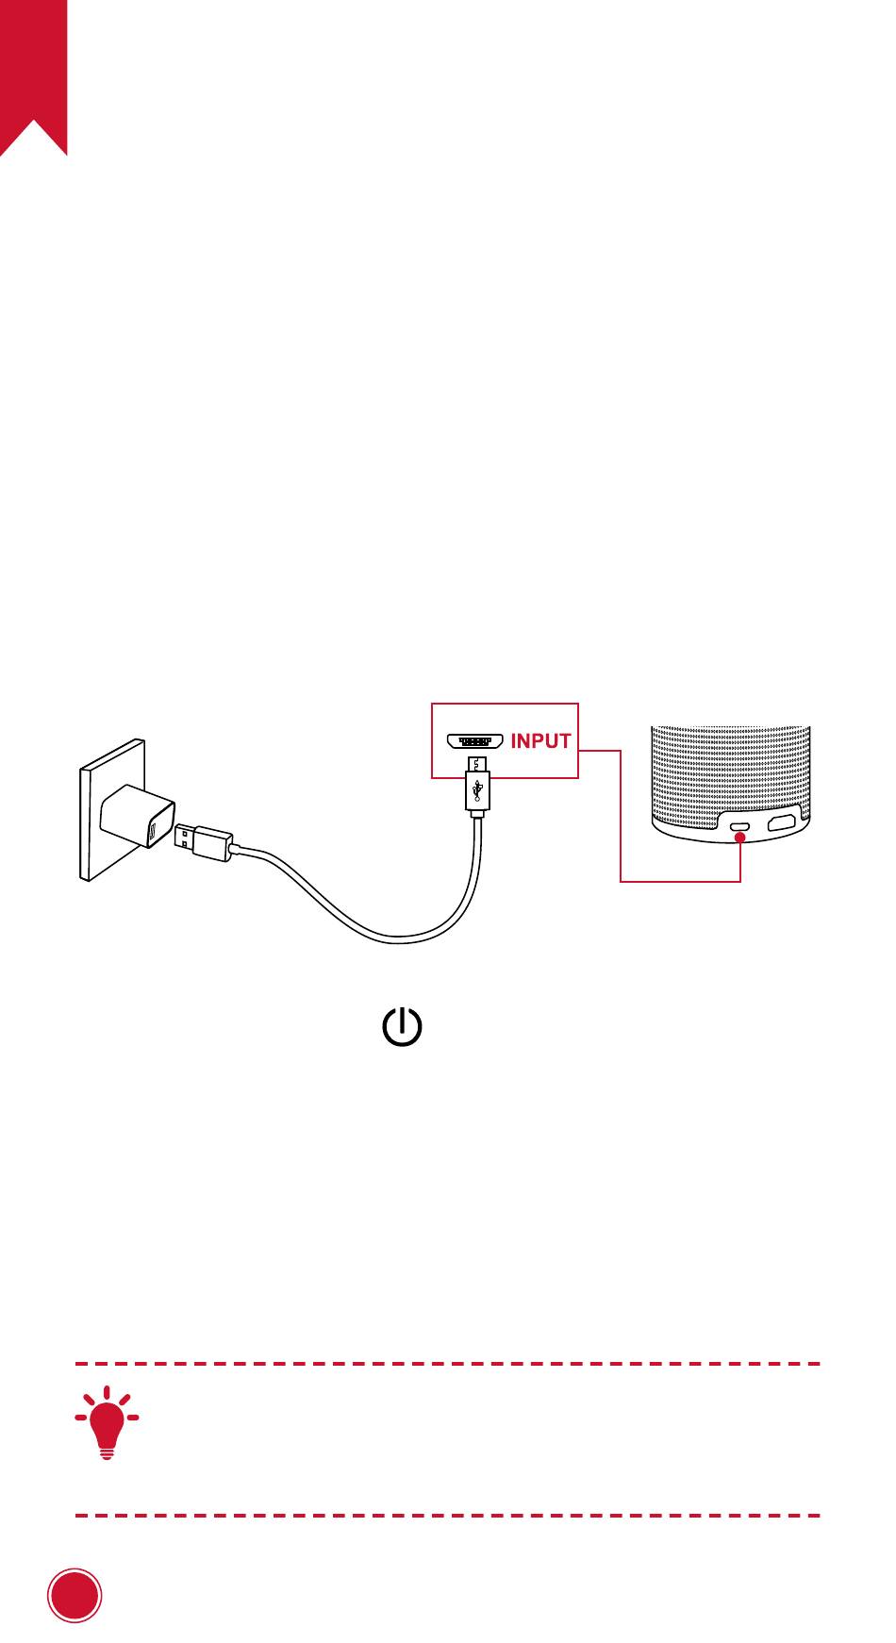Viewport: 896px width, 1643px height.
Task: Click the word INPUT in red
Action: [x=540, y=741]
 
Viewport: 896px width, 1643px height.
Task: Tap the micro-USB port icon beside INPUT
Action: [x=474, y=740]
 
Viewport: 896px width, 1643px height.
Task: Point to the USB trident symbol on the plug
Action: [x=478, y=789]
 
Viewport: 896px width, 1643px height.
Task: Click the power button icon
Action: [x=402, y=1026]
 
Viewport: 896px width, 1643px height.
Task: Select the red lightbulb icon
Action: [x=107, y=1422]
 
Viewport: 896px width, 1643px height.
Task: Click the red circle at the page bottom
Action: [x=75, y=1596]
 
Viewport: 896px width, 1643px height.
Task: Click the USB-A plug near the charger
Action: [x=202, y=840]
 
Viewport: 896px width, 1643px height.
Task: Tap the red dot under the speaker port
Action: [x=740, y=838]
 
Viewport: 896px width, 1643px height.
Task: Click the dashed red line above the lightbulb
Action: [x=447, y=1364]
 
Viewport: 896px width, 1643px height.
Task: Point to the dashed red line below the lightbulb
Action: [x=447, y=1516]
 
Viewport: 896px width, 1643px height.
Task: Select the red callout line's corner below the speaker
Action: [x=622, y=881]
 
